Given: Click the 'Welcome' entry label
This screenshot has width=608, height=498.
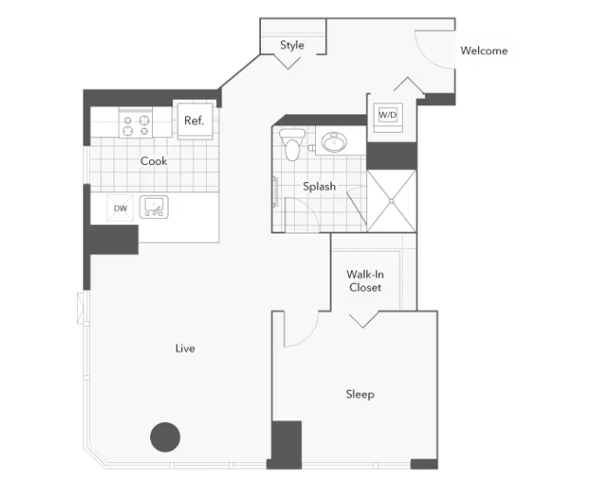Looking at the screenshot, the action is (483, 50).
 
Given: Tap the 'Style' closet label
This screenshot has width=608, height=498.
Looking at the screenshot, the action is (292, 45).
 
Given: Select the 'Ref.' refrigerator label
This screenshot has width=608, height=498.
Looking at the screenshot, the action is (194, 121).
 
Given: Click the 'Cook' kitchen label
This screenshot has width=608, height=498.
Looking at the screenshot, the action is (154, 161).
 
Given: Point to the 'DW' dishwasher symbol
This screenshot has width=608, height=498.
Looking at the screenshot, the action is (120, 209).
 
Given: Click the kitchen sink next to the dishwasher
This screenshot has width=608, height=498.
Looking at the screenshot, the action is (154, 207).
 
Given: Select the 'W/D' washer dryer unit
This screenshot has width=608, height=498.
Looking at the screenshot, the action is (387, 115).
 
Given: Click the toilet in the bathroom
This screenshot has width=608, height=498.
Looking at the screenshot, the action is (292, 145).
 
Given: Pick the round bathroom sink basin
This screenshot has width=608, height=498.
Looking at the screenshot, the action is (334, 142).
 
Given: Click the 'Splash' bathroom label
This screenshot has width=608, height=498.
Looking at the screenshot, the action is (320, 187).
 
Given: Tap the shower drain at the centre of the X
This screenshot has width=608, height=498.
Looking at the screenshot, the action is (392, 201).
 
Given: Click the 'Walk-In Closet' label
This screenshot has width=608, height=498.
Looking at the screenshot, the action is (364, 281).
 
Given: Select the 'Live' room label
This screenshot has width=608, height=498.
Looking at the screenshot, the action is (185, 349).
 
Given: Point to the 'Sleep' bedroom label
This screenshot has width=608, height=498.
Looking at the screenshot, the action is (360, 395).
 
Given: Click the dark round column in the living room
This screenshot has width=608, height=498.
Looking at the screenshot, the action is (165, 438).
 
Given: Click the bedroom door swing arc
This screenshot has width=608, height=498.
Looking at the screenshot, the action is (309, 337).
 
